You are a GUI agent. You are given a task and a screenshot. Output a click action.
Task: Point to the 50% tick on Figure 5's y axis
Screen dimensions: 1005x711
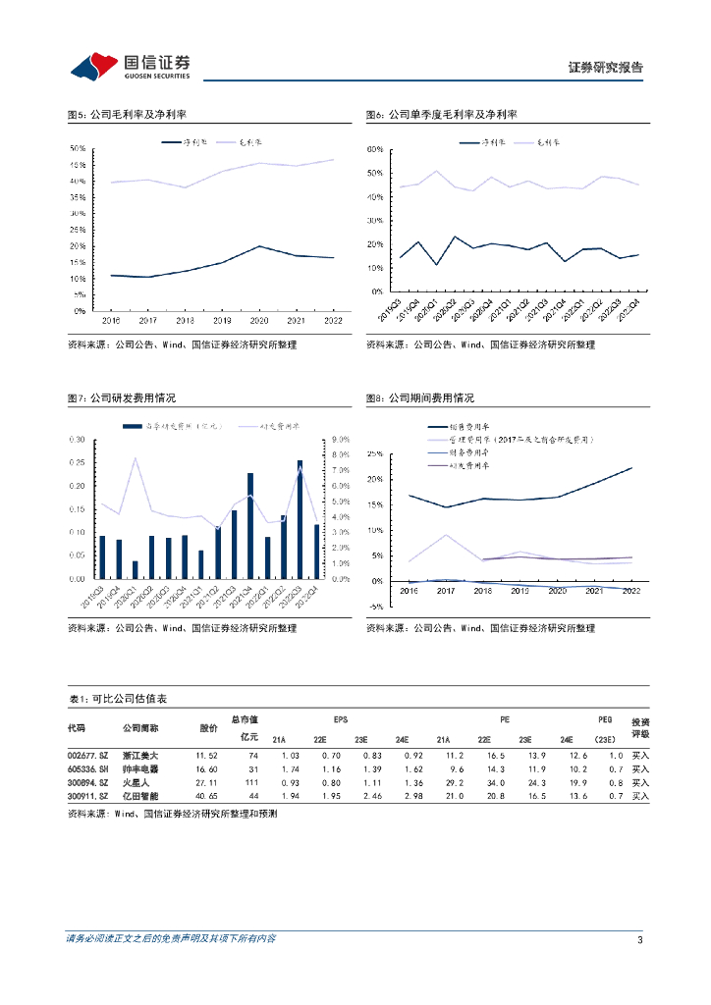(x=77, y=149)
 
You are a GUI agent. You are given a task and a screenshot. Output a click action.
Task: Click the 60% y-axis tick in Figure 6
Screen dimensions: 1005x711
(x=373, y=149)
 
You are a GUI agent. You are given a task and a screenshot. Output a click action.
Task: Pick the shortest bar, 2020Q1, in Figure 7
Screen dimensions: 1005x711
(x=136, y=570)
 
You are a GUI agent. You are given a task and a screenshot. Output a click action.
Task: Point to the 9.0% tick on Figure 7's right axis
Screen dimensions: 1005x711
(x=341, y=439)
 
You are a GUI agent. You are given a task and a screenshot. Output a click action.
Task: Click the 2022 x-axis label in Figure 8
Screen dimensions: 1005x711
(x=631, y=591)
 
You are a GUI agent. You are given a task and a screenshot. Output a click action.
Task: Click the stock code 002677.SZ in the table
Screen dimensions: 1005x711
(x=86, y=755)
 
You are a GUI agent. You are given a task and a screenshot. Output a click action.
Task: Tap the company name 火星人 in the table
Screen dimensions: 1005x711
(x=134, y=783)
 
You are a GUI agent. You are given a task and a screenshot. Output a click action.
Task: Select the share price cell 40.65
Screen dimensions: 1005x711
(x=206, y=797)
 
